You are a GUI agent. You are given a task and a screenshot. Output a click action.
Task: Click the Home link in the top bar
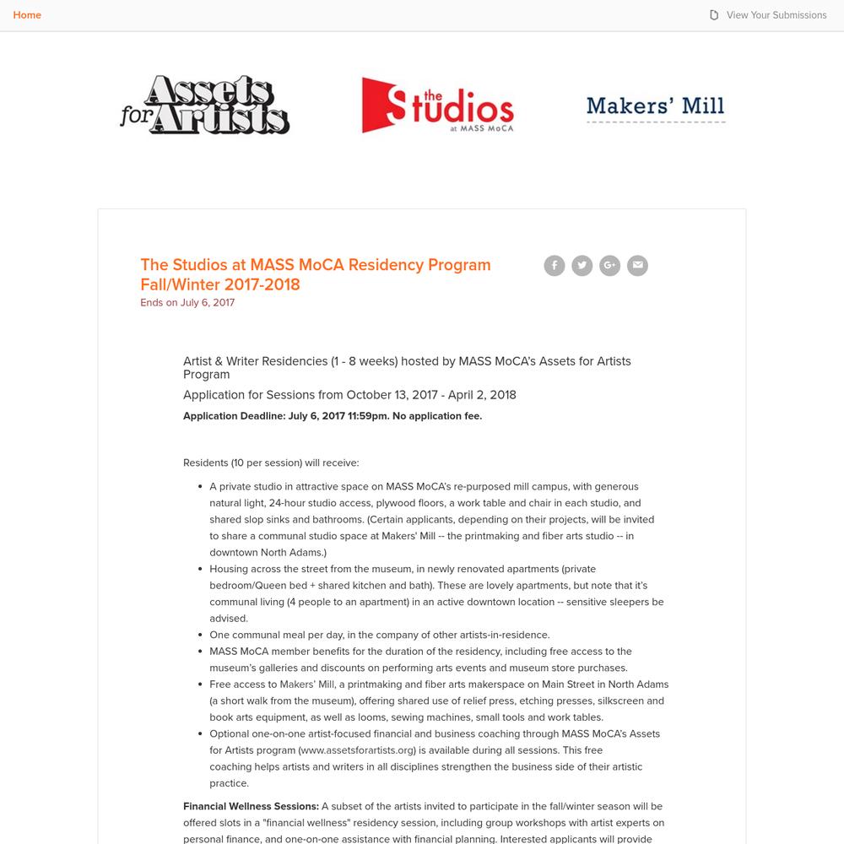27,15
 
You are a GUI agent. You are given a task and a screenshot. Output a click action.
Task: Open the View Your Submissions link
776,15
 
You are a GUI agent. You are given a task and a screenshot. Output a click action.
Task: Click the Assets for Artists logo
205,105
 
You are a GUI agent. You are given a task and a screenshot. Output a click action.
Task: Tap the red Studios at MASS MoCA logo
437,105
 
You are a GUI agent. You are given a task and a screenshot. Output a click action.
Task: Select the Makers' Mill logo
656,107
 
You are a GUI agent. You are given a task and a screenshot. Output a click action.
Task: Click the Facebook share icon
555,266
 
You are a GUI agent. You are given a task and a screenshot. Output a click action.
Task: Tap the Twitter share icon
582,266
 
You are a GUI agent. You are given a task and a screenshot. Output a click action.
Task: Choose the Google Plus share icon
609,266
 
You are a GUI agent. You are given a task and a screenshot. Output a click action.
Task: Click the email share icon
637,266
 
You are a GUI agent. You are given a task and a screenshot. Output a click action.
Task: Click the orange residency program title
315,274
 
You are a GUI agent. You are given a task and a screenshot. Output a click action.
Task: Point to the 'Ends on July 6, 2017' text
187,303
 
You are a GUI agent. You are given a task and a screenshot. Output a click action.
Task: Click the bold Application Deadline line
333,416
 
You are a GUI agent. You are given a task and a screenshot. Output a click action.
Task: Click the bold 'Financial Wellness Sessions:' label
251,807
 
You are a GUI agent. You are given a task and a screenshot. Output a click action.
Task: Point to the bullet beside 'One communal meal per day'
200,636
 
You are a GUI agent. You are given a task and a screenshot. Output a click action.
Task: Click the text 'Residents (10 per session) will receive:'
271,463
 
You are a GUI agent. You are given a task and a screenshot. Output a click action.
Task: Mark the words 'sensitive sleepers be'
615,603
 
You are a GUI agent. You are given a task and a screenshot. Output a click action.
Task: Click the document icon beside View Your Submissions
714,15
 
